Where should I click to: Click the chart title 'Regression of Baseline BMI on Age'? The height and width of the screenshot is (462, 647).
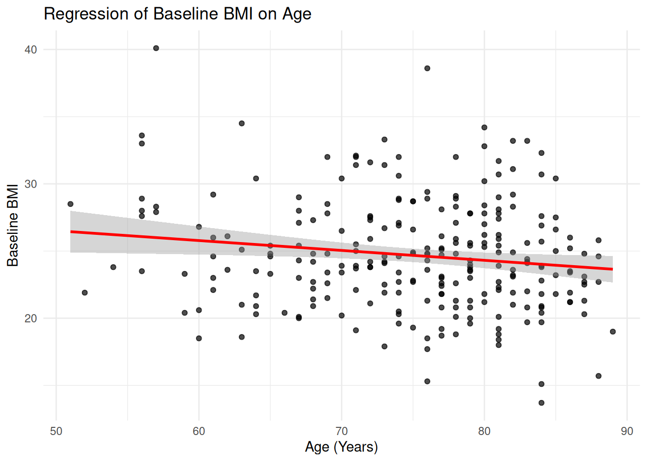point(177,14)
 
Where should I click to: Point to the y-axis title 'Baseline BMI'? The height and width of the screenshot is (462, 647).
point(13,225)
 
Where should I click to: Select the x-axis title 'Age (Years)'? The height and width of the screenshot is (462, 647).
point(341,447)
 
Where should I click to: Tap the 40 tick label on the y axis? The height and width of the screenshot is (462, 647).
point(30,50)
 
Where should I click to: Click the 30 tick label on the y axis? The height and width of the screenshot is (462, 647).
point(30,184)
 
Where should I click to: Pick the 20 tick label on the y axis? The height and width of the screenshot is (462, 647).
point(30,319)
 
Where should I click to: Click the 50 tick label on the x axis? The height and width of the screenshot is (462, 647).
point(56,431)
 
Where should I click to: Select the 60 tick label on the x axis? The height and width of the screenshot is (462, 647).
point(199,431)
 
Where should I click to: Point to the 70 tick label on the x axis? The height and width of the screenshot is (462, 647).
point(341,431)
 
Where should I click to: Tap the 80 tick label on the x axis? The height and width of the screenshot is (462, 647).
point(484,431)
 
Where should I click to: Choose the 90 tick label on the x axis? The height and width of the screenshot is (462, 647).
point(627,431)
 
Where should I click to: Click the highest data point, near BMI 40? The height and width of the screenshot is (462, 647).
point(156,48)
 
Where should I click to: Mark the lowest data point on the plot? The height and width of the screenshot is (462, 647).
point(542,403)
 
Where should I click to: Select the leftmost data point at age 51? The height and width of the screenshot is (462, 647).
point(70,204)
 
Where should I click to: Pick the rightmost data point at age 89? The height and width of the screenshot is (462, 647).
point(613,332)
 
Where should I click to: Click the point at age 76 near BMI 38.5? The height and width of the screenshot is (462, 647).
point(427,68)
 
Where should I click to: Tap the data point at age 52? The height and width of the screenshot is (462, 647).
point(85,293)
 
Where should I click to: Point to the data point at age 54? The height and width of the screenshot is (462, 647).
point(113,267)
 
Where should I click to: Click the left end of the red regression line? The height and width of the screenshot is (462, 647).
point(71,232)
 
